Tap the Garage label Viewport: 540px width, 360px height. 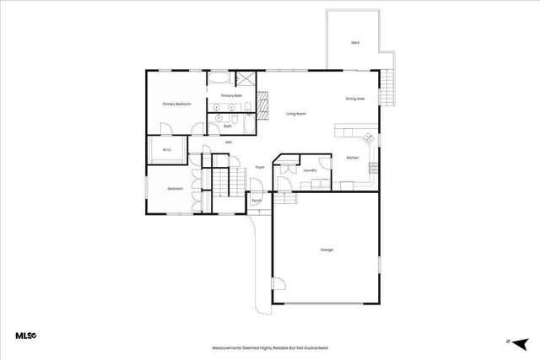[326, 250]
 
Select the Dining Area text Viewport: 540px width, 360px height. [354, 99]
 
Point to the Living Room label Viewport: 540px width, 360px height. [295, 114]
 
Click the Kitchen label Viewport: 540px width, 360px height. [353, 159]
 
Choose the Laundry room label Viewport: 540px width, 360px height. [310, 170]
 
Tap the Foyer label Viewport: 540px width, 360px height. [260, 167]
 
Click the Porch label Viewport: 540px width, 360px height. [256, 201]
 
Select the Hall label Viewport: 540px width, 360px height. [228, 142]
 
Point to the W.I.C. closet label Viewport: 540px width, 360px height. [167, 151]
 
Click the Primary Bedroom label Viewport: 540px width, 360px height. [177, 104]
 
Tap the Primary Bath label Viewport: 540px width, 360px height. [232, 96]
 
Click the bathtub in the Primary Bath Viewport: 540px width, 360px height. [219, 79]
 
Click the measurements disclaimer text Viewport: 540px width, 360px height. [269, 347]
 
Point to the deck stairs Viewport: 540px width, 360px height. [387, 85]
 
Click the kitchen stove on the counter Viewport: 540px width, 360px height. [369, 138]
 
